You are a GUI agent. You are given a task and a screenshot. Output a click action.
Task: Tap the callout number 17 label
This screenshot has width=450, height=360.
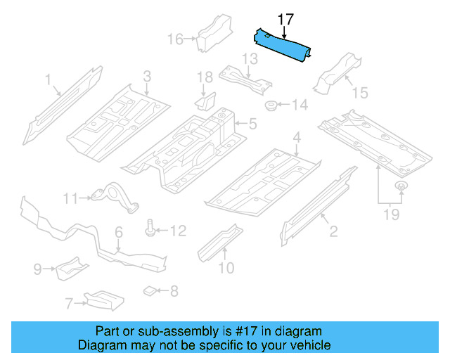click(285, 19)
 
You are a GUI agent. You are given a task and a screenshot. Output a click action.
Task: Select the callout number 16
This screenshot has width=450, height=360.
click(175, 39)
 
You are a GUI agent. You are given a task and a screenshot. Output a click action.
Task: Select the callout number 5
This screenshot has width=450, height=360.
click(252, 124)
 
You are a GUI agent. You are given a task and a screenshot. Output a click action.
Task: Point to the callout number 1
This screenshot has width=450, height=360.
click(49, 82)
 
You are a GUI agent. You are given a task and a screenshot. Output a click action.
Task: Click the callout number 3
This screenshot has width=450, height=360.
click(147, 76)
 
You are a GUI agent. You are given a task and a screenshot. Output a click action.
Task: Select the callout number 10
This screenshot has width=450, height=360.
click(226, 268)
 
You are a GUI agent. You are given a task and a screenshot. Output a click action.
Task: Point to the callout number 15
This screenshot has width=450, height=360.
click(359, 92)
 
